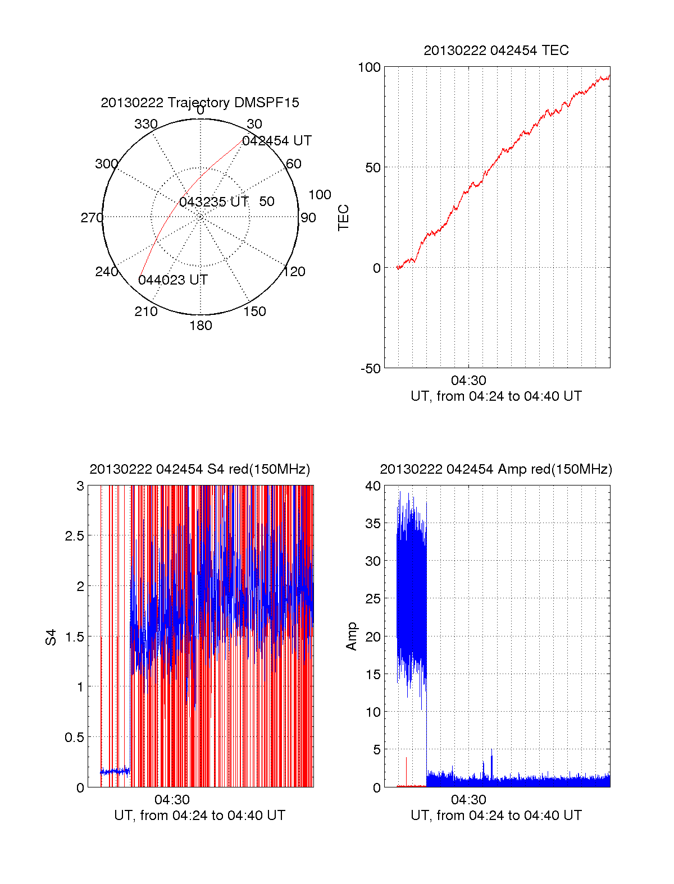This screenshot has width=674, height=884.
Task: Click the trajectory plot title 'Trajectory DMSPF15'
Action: pyautogui.click(x=200, y=103)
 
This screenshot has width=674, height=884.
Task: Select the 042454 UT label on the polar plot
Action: pyautogui.click(x=276, y=141)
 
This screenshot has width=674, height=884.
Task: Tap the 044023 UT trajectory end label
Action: pyautogui.click(x=173, y=280)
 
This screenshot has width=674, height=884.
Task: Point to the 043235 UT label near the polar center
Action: pyautogui.click(x=213, y=202)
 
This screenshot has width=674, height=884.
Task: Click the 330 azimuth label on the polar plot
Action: pyautogui.click(x=145, y=124)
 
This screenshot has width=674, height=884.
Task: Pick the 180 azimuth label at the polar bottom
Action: pyautogui.click(x=201, y=326)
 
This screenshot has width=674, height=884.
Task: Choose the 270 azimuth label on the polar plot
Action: pyautogui.click(x=92, y=218)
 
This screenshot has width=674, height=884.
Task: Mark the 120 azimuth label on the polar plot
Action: pyautogui.click(x=294, y=272)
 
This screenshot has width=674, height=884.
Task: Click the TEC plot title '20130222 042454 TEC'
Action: pyautogui.click(x=496, y=51)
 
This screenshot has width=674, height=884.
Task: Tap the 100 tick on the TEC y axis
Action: pyautogui.click(x=369, y=67)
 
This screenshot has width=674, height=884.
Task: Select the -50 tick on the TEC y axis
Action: pyautogui.click(x=370, y=369)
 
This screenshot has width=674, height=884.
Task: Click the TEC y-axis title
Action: pyautogui.click(x=343, y=218)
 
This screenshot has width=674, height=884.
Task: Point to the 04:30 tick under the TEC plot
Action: pyautogui.click(x=468, y=381)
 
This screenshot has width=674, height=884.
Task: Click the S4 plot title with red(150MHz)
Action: pyautogui.click(x=199, y=469)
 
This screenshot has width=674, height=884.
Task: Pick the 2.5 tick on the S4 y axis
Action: pyautogui.click(x=74, y=536)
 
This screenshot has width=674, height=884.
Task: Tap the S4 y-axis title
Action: pyautogui.click(x=51, y=638)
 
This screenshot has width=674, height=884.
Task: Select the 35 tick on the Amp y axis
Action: pyautogui.click(x=372, y=524)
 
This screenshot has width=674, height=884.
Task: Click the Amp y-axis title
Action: pyautogui.click(x=352, y=636)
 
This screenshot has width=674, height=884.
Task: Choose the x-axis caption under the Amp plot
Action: pyautogui.click(x=496, y=816)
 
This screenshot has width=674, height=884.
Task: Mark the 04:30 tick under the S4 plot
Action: pyautogui.click(x=172, y=800)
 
